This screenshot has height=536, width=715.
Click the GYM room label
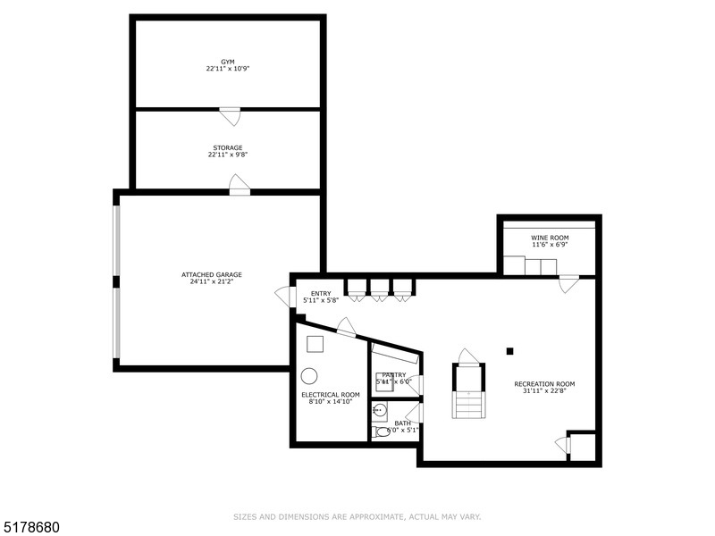click(x=228, y=62)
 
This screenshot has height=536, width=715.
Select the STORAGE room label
click(x=228, y=147)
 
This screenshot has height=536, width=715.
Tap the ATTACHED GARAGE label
click(x=212, y=274)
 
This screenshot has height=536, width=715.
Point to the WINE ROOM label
click(x=550, y=238)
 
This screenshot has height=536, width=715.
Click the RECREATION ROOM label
click(x=544, y=384)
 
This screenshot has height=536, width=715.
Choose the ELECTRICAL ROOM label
click(x=331, y=394)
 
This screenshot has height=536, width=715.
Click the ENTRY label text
click(x=321, y=293)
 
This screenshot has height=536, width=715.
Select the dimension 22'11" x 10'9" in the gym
click(x=228, y=69)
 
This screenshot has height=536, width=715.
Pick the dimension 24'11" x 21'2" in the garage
click(x=212, y=281)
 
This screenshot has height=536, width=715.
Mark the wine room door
click(x=568, y=283)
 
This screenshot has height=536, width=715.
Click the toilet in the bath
click(x=383, y=431)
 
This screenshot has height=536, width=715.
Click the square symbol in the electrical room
click(x=315, y=342)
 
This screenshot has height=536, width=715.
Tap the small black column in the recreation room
click(x=510, y=351)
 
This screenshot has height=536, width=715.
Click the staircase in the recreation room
click(x=468, y=393)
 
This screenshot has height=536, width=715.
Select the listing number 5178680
click(x=31, y=527)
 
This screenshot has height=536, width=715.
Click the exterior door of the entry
click(x=290, y=296)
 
